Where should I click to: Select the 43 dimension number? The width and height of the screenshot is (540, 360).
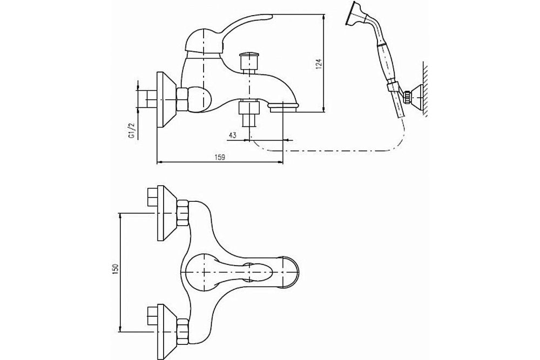tap(233, 135)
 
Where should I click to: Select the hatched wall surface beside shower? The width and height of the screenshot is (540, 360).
tap(426, 89)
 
